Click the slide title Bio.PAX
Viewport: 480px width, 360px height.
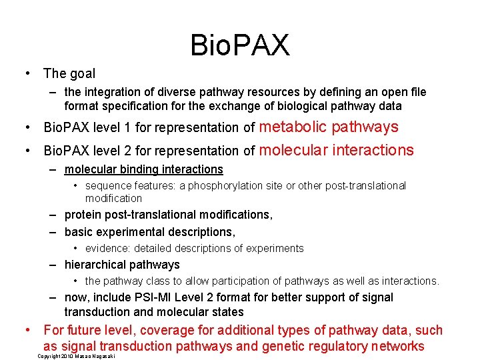[240, 45]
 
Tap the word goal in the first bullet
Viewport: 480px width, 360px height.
[83, 74]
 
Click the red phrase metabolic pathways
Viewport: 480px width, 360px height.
[328, 127]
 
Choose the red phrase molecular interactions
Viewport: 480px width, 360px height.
[336, 150]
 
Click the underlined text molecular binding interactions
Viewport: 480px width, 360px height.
[143, 169]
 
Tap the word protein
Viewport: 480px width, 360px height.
[83, 215]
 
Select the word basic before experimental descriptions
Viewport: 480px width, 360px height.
[79, 232]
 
